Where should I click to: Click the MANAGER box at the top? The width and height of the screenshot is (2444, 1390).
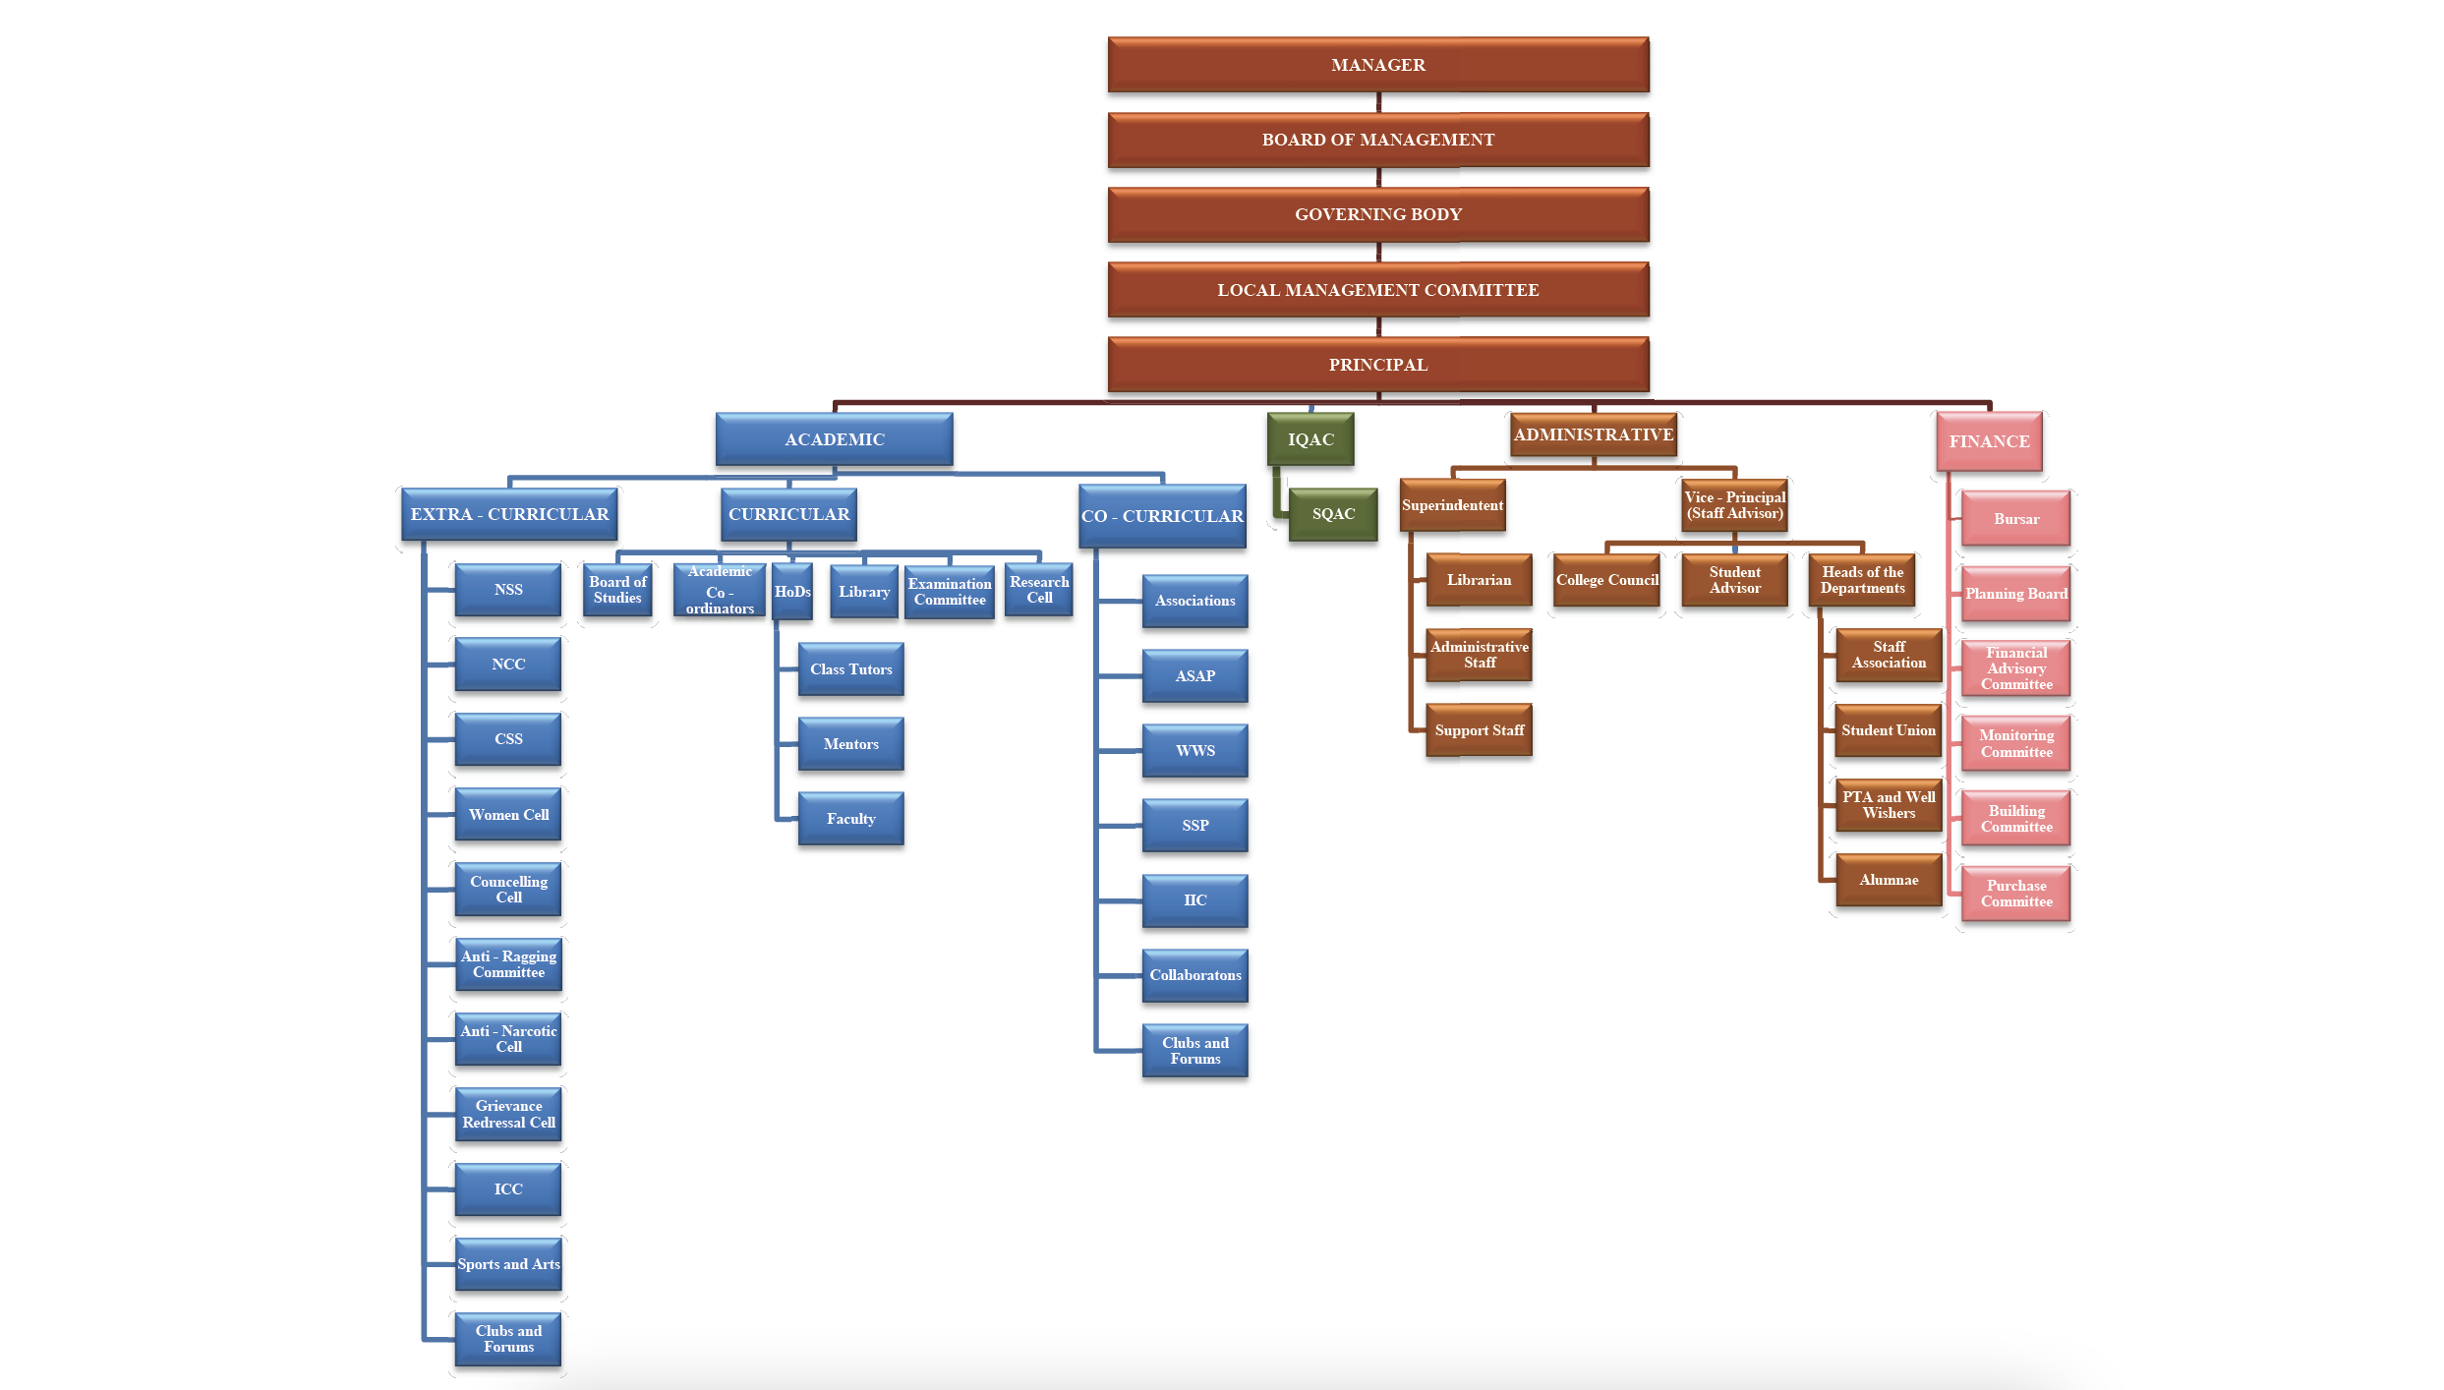click(1377, 65)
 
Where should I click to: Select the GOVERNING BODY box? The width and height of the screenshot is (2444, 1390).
click(1377, 214)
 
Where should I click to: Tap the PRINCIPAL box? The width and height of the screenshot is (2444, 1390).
click(1377, 365)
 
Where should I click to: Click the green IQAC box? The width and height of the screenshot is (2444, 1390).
click(1310, 439)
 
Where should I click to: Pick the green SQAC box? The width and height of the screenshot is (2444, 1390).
click(1333, 514)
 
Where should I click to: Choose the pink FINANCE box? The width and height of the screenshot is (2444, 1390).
click(1989, 441)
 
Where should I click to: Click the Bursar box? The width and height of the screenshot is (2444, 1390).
click(2015, 519)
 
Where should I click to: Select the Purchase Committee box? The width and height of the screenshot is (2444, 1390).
click(2015, 894)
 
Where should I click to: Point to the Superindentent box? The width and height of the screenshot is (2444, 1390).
click(1452, 505)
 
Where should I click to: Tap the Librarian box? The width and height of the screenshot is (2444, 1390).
click(1479, 580)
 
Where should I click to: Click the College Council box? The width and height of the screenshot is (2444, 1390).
click(1606, 580)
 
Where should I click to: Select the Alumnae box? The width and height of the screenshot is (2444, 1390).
click(1888, 880)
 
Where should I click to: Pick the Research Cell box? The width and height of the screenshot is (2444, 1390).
click(1038, 590)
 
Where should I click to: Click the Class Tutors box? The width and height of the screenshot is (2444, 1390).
click(850, 669)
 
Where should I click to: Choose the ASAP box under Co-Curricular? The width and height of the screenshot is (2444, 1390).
click(1194, 676)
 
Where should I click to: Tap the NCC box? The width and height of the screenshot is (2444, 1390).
click(508, 665)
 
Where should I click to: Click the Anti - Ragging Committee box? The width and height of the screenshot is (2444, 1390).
click(508, 964)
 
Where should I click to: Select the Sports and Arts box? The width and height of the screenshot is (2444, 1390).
click(508, 1264)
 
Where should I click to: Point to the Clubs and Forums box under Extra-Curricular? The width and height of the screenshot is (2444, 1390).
click(508, 1339)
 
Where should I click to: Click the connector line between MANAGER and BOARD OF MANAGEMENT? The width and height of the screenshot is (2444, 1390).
click(1378, 102)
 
